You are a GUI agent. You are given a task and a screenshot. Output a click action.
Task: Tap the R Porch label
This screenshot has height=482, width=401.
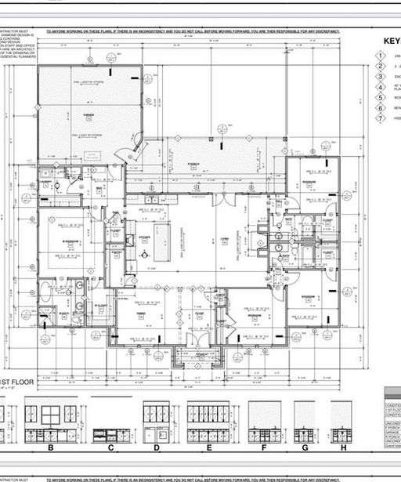point(193,163)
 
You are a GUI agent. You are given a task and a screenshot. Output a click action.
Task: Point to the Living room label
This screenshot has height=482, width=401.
point(224,239)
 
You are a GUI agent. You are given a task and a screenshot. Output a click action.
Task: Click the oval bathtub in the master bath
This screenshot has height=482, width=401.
point(45,293)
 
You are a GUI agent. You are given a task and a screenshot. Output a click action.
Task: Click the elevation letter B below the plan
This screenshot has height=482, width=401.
point(51,448)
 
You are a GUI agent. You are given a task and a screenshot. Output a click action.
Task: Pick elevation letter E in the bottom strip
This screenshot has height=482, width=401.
point(208,448)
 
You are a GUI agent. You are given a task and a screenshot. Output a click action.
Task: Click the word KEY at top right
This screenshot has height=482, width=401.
point(391,43)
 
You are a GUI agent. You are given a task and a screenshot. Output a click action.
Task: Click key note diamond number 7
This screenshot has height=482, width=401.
point(381,118)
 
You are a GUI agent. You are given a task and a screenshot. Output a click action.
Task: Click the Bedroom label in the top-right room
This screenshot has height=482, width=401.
point(309,179)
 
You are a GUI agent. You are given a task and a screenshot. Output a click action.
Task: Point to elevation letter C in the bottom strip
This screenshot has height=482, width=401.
point(111,448)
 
